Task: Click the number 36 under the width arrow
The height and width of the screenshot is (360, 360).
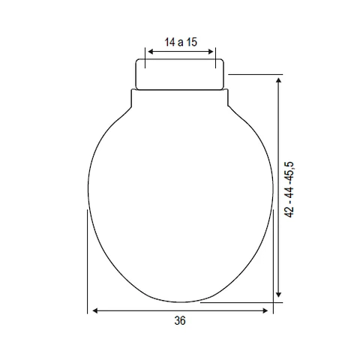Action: tap(180, 320)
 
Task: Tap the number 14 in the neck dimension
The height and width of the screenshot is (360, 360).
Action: tap(169, 42)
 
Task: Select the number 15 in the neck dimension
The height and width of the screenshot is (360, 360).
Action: tap(192, 42)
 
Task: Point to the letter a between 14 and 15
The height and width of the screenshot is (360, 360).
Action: tap(181, 43)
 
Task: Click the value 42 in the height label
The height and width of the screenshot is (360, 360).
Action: tap(290, 212)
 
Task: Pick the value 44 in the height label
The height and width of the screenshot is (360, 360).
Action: tap(290, 191)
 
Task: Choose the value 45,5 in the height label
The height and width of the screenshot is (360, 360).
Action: tap(290, 172)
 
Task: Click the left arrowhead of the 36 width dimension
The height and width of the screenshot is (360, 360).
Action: tap(95, 310)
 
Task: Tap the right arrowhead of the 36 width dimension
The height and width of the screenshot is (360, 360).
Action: tap(265, 310)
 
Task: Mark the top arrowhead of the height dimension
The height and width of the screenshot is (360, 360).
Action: tap(279, 80)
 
